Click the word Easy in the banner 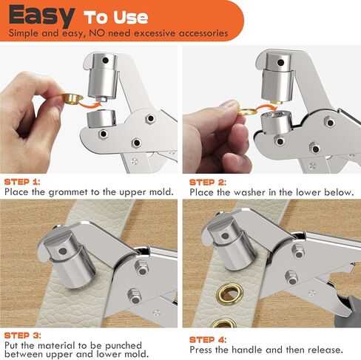point(41,15)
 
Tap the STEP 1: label point(22,181)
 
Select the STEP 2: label point(207,181)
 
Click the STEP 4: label point(208,339)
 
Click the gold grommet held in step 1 point(70,98)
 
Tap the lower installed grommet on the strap point(224,322)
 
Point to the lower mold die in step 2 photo point(283,130)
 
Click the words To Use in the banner point(115,16)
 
